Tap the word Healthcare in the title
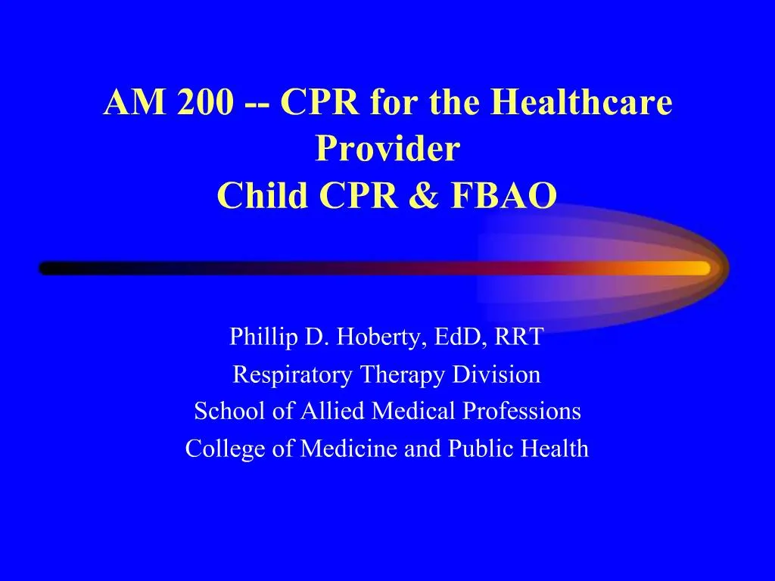(580, 103)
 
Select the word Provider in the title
(387, 149)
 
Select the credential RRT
(519, 337)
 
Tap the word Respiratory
(292, 374)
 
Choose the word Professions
(522, 411)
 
